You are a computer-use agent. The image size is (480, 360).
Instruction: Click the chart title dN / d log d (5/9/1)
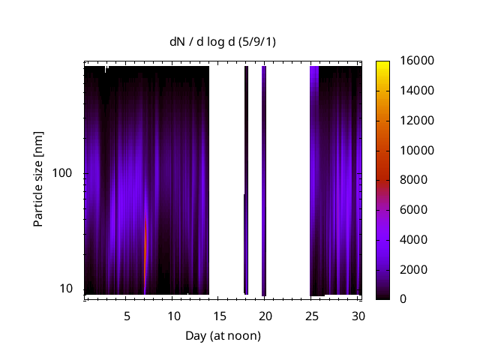click(223, 41)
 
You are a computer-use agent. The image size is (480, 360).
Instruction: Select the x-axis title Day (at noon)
click(223, 335)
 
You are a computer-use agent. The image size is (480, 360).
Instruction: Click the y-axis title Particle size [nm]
click(38, 181)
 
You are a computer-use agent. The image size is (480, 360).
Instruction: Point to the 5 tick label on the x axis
click(127, 316)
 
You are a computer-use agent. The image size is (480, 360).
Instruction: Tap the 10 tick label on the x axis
click(173, 316)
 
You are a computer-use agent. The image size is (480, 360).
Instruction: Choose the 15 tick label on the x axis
click(219, 316)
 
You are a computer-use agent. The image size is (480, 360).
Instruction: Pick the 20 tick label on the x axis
click(265, 316)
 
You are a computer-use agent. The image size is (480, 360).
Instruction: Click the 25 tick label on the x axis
click(310, 316)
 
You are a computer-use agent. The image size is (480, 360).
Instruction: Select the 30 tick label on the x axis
click(357, 316)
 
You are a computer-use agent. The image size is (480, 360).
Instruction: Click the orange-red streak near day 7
click(145, 255)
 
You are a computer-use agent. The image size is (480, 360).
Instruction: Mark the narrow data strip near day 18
click(246, 180)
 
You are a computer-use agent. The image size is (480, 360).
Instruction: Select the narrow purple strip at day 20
click(264, 180)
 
